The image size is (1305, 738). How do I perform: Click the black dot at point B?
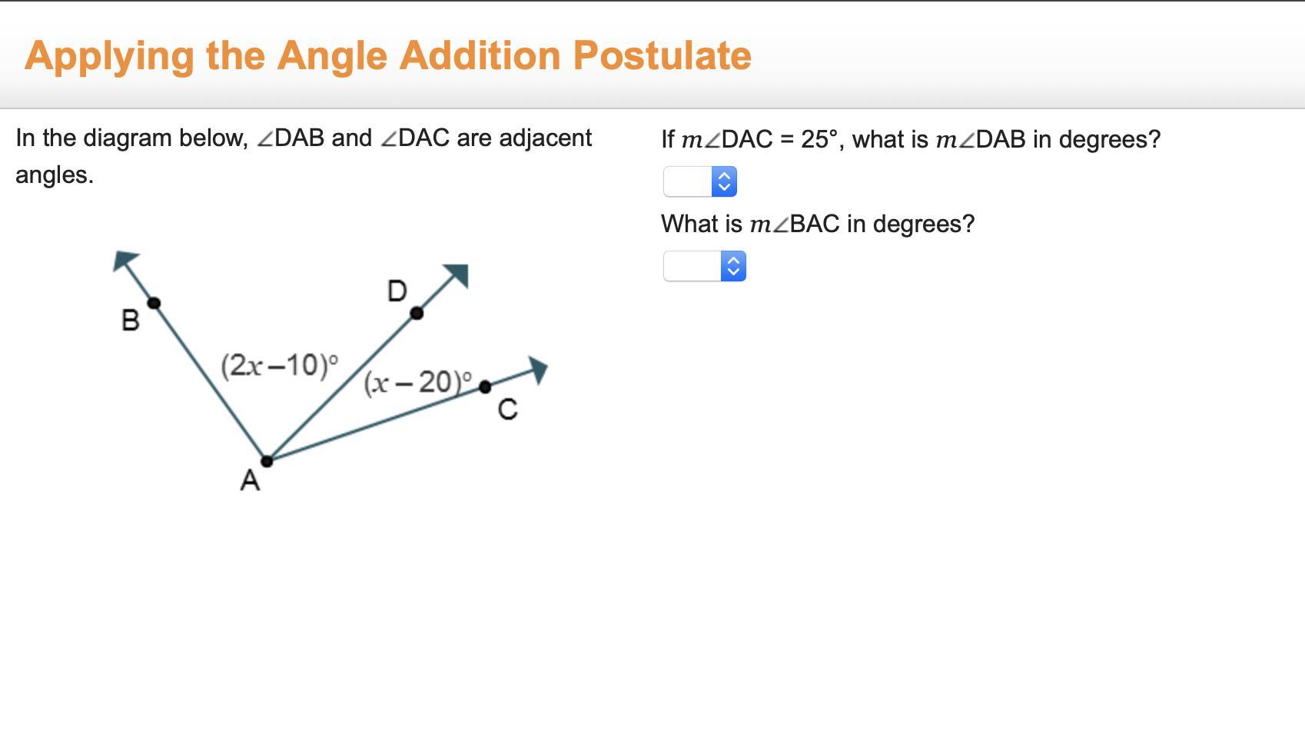(154, 303)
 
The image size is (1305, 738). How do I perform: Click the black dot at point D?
(417, 314)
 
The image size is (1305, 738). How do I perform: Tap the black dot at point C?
(485, 387)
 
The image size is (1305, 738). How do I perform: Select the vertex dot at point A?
(267, 461)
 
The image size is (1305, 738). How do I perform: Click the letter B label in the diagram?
(131, 320)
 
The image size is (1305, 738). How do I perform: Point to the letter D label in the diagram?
(397, 291)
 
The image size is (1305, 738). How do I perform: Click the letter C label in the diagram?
(507, 409)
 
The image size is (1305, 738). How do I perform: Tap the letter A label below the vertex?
(250, 480)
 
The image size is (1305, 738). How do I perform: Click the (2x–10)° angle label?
(279, 366)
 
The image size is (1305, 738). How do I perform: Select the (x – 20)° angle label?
(418, 383)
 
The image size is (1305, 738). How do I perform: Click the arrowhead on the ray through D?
(457, 274)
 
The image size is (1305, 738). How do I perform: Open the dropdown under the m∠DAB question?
(699, 181)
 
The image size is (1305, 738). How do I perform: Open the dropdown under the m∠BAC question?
(704, 266)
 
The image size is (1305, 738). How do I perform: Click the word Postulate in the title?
(662, 56)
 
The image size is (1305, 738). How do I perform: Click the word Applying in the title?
(110, 57)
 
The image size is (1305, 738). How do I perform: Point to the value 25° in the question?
(819, 139)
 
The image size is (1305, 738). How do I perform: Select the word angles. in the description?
(55, 175)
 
